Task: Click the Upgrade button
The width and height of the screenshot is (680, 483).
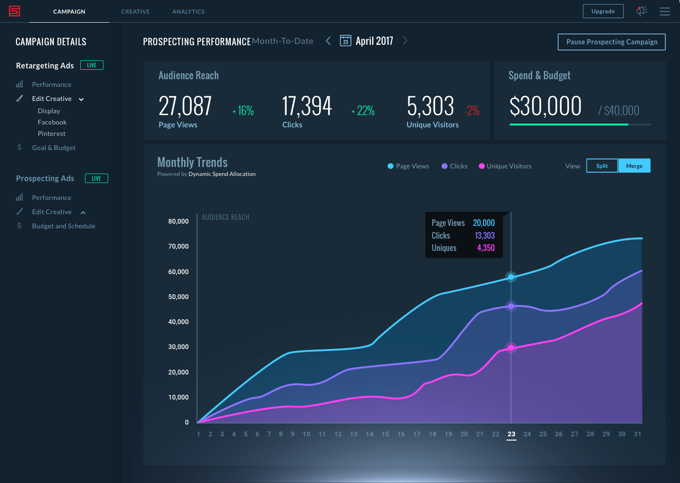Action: point(603,11)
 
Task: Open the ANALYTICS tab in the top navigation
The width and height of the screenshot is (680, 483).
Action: point(188,11)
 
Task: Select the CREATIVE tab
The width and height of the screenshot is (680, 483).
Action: point(136,11)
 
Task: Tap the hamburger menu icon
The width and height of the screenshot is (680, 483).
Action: point(664,11)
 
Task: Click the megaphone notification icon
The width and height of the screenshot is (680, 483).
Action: point(641,11)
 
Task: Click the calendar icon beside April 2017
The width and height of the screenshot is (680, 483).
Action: point(346,41)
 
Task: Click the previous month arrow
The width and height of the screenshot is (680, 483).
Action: point(328,41)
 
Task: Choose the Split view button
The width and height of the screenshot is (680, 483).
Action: point(602,166)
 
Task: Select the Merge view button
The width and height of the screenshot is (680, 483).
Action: point(634,166)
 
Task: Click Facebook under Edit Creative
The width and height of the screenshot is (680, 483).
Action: point(52,122)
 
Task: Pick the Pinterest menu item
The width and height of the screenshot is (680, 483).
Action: point(51,133)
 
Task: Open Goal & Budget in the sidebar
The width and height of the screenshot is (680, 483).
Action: point(54,148)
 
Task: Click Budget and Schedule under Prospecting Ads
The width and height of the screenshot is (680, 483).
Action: point(63,226)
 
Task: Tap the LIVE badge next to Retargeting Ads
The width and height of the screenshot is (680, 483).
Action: point(92,65)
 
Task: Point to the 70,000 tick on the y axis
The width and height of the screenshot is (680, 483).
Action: point(178,246)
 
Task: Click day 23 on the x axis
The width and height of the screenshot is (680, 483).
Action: point(511,434)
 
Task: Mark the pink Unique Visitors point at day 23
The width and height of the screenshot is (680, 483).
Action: point(511,348)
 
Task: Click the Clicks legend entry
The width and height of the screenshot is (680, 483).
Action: point(454,166)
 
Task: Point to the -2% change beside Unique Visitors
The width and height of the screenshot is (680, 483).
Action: point(472,110)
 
